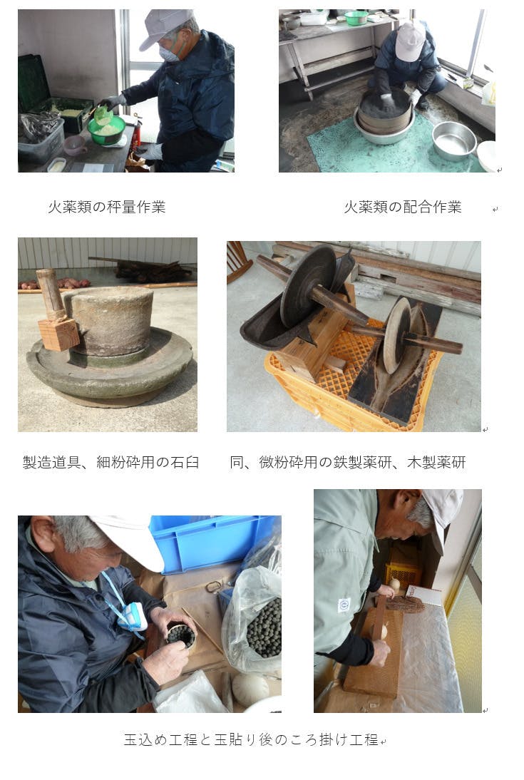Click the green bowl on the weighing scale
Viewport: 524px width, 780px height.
click(x=106, y=130)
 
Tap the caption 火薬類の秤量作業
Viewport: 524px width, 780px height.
click(x=106, y=207)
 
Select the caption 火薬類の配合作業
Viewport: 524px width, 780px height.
click(x=403, y=207)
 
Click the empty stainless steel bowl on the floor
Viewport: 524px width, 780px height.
click(x=454, y=140)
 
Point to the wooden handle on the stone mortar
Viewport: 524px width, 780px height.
click(x=51, y=294)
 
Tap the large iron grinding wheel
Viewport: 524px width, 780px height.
click(x=307, y=287)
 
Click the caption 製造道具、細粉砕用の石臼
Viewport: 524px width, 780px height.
click(x=111, y=463)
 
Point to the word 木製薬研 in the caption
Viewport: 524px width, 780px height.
click(x=436, y=463)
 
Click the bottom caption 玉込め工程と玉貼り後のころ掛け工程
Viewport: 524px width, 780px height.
click(x=251, y=739)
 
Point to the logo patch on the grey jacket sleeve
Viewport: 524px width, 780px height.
click(x=344, y=605)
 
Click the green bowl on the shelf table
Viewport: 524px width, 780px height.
click(x=356, y=18)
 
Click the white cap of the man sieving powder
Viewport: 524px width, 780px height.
click(x=410, y=41)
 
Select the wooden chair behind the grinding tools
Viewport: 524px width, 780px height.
click(x=238, y=261)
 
